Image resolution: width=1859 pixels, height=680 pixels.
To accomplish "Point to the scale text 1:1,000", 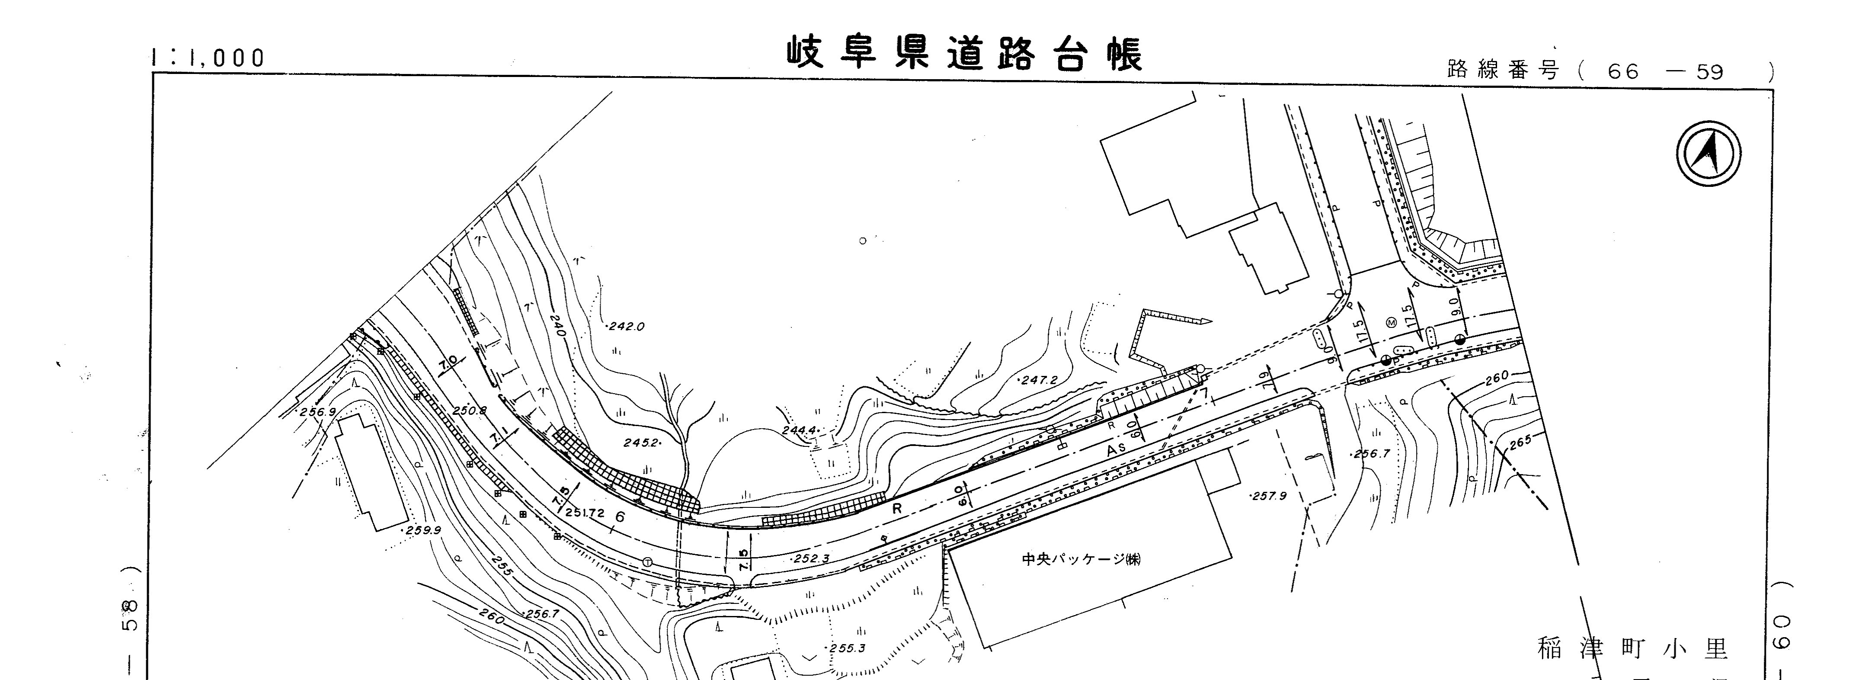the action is coord(208,58).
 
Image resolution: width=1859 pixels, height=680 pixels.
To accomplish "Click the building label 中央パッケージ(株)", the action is coord(1081,559).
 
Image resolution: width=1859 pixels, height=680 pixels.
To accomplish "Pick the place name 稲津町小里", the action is coord(1632,649).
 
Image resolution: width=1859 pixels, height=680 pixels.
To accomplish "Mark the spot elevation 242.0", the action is coord(626,326).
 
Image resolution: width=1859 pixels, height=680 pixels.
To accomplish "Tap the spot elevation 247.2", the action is coord(1038,380).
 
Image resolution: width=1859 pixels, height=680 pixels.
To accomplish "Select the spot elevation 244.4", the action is coord(799,430).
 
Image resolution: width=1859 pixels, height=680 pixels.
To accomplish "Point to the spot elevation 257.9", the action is coord(1269,497).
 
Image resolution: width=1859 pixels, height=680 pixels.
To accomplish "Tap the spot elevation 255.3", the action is coord(847,648).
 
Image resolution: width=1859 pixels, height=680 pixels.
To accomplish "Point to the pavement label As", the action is coord(1117,449).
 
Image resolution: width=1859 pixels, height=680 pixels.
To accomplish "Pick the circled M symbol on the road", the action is coord(1391,323).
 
